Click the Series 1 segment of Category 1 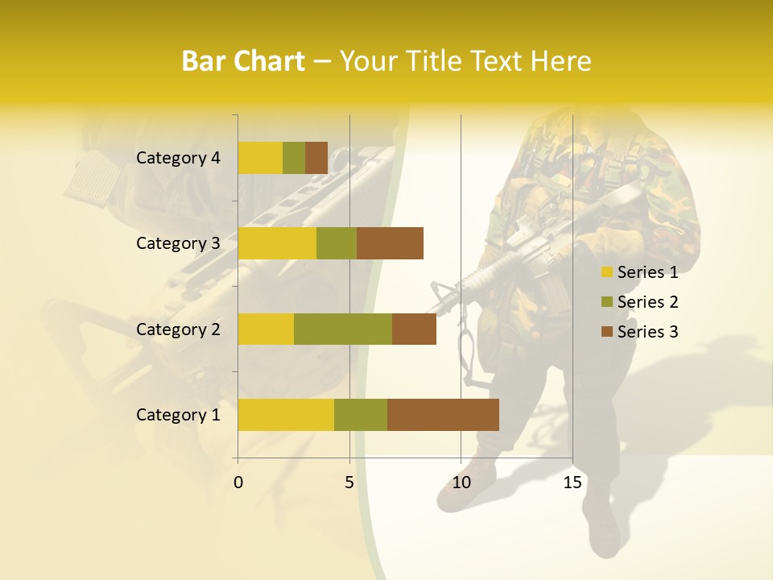click(x=286, y=415)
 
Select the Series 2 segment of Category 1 click(x=361, y=415)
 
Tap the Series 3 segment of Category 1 click(x=443, y=415)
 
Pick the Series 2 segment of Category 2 click(x=343, y=329)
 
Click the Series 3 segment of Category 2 click(x=414, y=329)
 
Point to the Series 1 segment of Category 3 click(x=277, y=243)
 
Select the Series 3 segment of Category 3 click(x=390, y=243)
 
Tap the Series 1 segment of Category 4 click(x=260, y=158)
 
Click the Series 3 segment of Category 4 click(x=316, y=158)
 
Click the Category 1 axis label click(x=178, y=415)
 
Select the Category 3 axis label click(x=178, y=243)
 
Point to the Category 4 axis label click(x=178, y=158)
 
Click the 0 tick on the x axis click(x=238, y=483)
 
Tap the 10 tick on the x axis click(x=461, y=483)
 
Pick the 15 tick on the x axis click(x=573, y=483)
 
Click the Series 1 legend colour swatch click(x=606, y=272)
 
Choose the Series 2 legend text click(x=647, y=302)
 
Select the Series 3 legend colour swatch click(x=606, y=332)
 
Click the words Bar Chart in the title click(x=243, y=61)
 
